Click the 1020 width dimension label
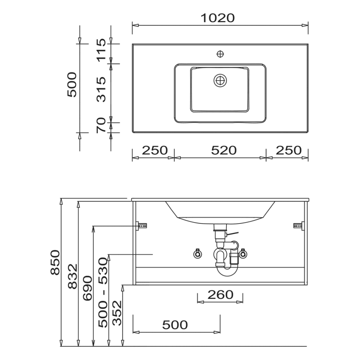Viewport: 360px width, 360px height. tap(218, 18)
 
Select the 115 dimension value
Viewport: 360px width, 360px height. tap(101, 50)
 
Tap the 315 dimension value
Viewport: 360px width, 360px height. tap(101, 89)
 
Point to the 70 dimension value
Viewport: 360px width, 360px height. tap(101, 125)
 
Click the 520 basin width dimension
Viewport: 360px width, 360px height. tap(224, 150)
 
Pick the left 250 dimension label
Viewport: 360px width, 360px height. tap(155, 150)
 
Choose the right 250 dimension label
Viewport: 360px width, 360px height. tap(289, 150)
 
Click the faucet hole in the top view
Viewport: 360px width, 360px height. tap(220, 54)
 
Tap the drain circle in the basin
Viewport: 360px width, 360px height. tap(220, 81)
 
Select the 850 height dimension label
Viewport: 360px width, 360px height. tap(55, 262)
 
